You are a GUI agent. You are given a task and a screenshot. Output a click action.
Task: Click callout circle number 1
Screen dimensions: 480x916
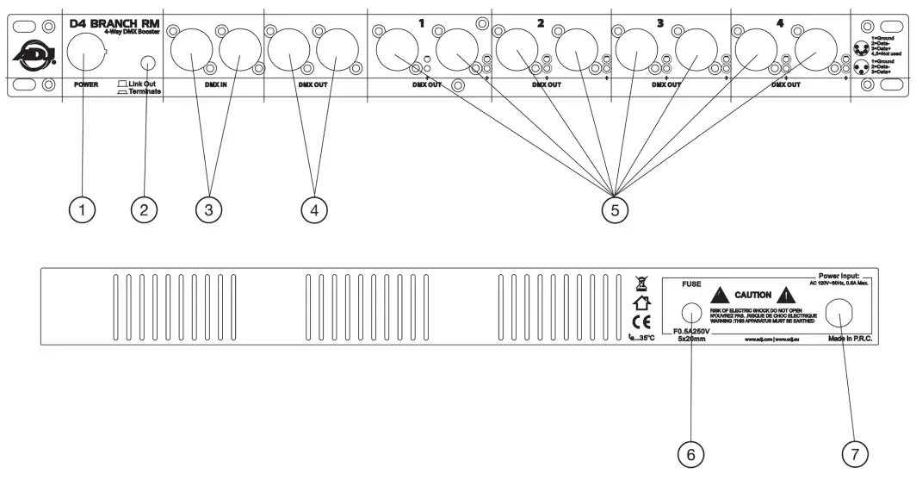coord(83,209)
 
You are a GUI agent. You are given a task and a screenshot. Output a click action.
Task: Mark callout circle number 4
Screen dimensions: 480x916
coord(314,209)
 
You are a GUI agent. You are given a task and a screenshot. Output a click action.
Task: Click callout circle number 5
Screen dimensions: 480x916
coord(614,209)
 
